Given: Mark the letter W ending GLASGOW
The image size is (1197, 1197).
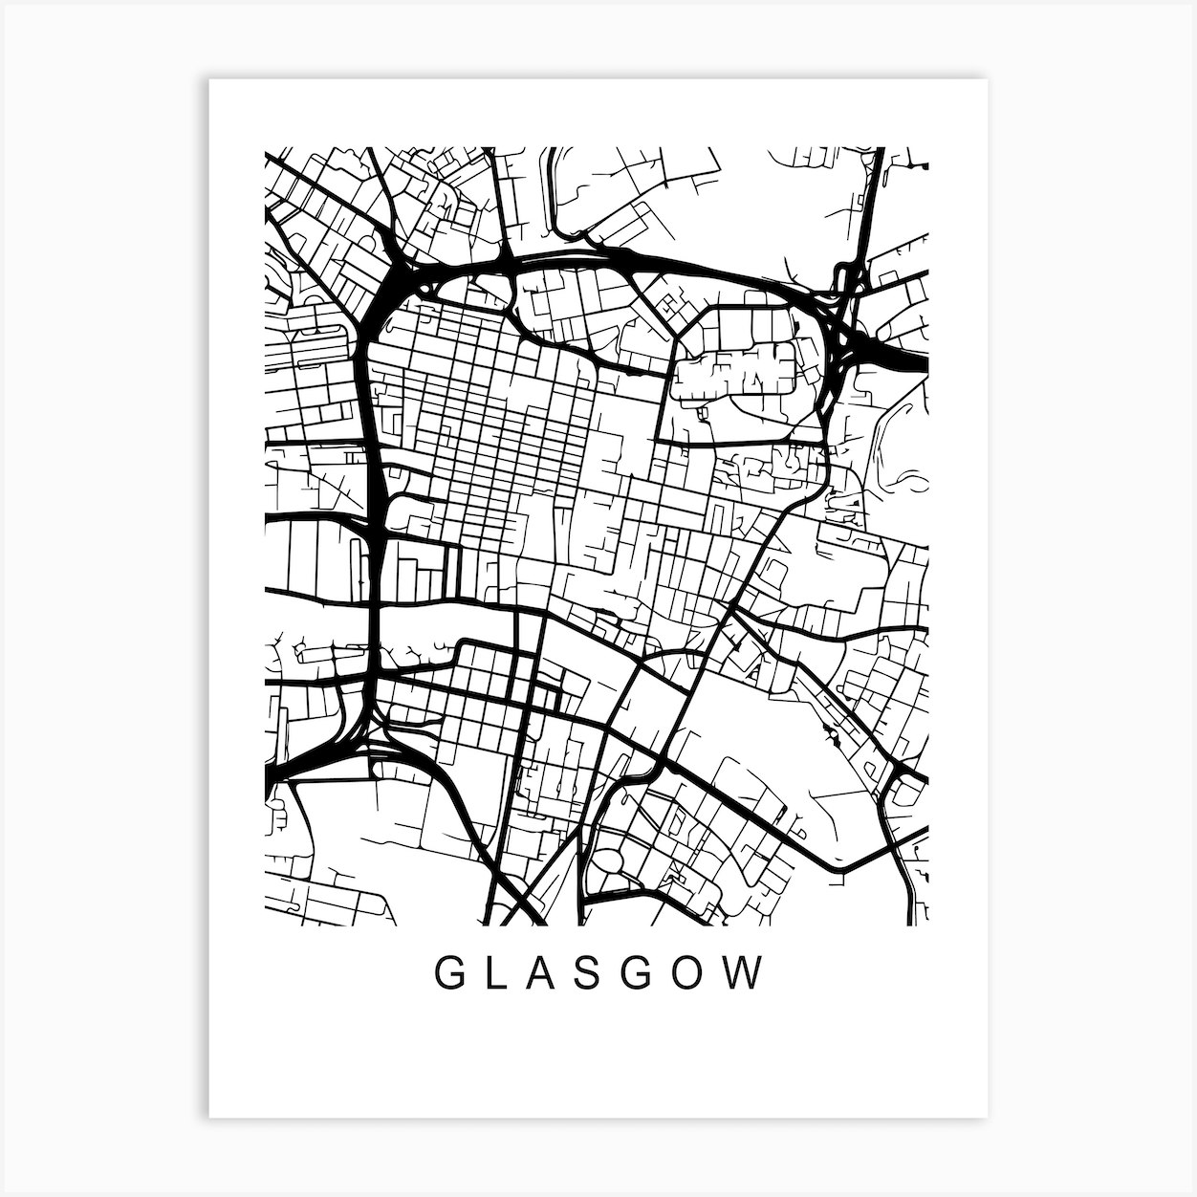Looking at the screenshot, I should pyautogui.click(x=749, y=974).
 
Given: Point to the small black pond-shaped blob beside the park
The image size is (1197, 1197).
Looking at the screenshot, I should pyautogui.click(x=827, y=736).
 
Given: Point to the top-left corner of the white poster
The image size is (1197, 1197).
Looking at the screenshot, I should pyautogui.click(x=210, y=80).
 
